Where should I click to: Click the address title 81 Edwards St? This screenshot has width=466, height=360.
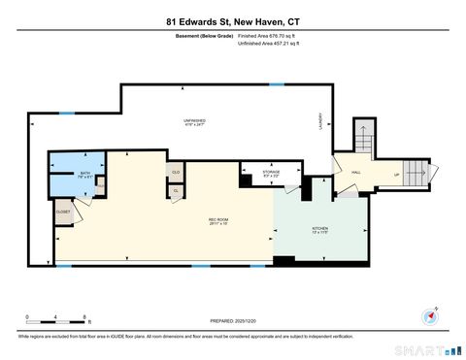click(x=233, y=16)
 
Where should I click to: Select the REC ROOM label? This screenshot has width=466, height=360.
click(x=218, y=221)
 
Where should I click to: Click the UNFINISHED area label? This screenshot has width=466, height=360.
click(x=195, y=122)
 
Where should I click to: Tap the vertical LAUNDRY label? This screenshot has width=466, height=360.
click(x=319, y=121)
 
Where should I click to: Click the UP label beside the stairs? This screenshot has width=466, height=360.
click(x=396, y=176)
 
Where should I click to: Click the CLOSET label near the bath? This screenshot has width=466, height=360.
click(x=62, y=211)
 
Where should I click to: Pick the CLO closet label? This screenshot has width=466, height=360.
click(x=176, y=173)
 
